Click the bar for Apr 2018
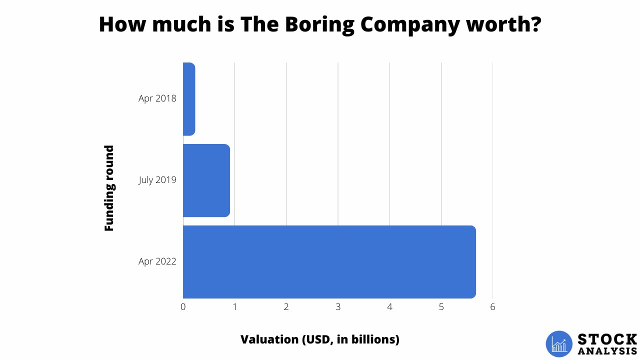188,98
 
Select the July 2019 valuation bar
206,180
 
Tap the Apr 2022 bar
329,261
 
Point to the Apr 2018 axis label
157,98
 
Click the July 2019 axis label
157,180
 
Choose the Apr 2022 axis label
157,261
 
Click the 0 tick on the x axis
183,307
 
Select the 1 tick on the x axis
234,307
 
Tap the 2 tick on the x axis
286,307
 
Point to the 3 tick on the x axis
338,307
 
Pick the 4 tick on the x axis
389,307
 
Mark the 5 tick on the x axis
441,307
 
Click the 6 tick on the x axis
492,307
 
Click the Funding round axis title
109,188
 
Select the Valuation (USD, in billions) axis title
320,339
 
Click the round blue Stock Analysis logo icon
559,344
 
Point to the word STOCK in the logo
607,339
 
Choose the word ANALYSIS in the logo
607,351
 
